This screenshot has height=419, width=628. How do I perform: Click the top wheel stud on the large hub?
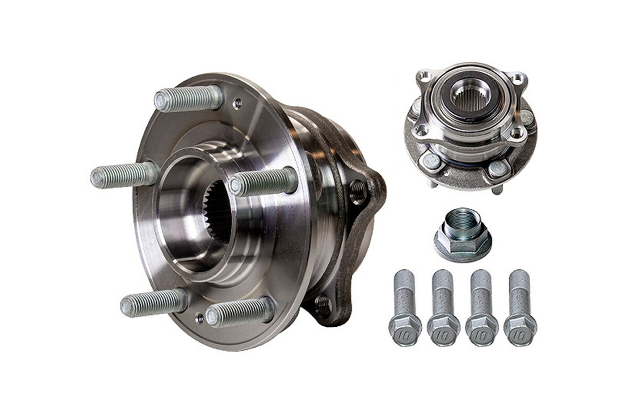click(x=188, y=98)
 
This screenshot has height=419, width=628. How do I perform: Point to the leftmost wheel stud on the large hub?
click(x=125, y=175)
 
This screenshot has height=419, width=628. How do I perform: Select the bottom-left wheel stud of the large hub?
click(x=154, y=303)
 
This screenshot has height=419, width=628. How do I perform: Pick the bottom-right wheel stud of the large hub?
click(x=240, y=312)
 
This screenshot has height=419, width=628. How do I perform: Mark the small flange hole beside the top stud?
click(x=238, y=104)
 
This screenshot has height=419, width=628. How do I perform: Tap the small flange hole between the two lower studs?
click(x=199, y=318)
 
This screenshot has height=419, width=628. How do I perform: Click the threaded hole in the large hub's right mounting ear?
click(x=358, y=192)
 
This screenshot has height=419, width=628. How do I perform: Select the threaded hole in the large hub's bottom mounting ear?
click(x=323, y=306)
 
